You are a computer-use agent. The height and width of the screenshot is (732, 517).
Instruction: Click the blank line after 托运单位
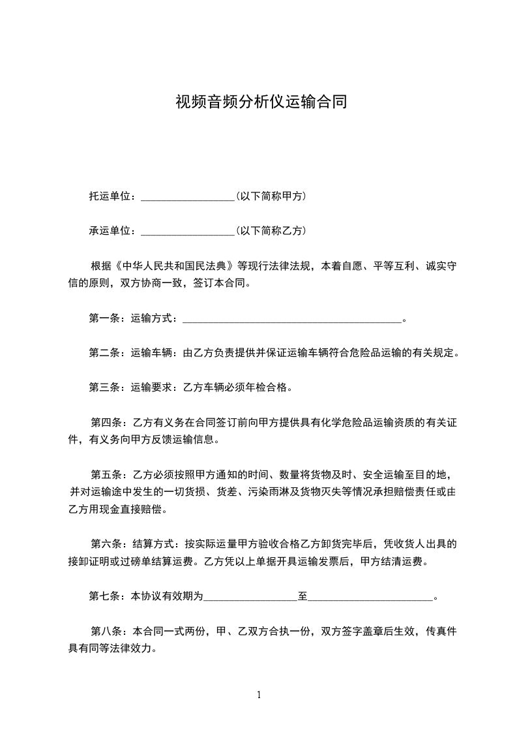pos(187,197)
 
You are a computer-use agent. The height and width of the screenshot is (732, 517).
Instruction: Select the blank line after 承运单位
pos(187,232)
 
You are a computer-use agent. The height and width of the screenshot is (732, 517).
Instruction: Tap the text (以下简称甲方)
pos(271,196)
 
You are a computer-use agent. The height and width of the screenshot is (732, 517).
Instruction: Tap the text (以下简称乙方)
pos(271,231)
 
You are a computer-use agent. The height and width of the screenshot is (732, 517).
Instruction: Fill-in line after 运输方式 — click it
pos(291,320)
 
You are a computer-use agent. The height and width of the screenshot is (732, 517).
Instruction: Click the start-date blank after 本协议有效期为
pos(250,597)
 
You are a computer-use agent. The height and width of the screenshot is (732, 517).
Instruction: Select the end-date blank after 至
pos(370,597)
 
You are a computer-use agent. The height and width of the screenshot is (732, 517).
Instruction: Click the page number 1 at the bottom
pos(259,695)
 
